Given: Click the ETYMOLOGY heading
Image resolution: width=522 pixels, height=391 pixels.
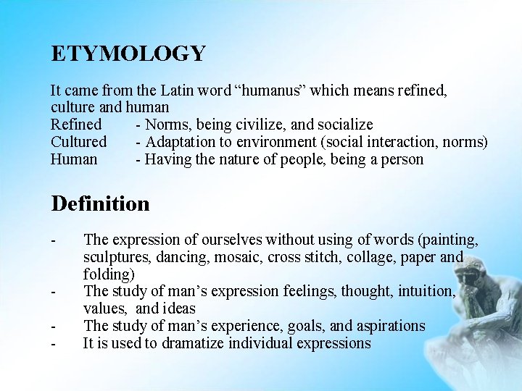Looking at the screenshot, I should click(x=128, y=54).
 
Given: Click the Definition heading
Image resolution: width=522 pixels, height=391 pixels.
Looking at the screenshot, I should click(x=100, y=203).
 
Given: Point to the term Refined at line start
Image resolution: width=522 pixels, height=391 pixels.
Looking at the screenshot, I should click(x=76, y=125).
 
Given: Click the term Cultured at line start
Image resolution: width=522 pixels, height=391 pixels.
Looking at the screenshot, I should click(x=78, y=142).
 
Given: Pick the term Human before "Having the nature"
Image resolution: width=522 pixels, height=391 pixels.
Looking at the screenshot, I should click(x=74, y=159).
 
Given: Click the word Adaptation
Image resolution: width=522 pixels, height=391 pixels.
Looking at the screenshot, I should click(x=182, y=142).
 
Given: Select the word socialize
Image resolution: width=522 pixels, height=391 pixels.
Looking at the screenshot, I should click(x=342, y=125).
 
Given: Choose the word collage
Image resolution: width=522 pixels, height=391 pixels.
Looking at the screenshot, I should click(x=391, y=258).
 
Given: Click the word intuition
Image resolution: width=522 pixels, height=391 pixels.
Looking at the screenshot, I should click(x=422, y=291).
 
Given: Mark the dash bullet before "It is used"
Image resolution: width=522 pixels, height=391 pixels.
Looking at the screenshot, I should click(x=54, y=343).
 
